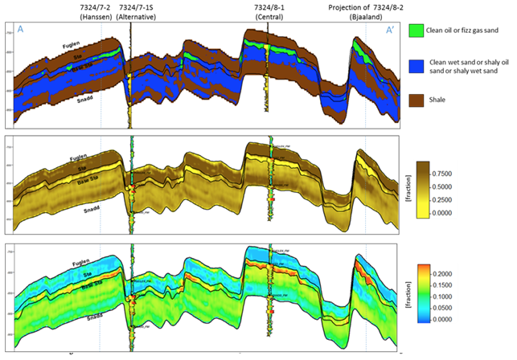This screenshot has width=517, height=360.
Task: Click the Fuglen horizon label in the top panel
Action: [72, 47]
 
